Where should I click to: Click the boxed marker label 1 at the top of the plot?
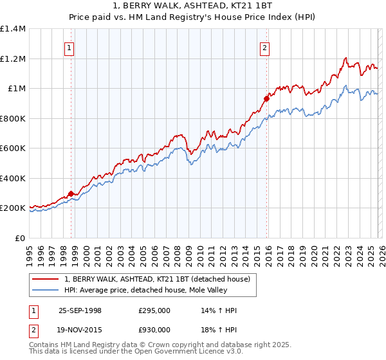[x=69, y=47]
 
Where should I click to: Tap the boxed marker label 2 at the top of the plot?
[x=264, y=47]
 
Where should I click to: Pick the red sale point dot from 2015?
[x=266, y=99]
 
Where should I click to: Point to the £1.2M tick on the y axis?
[x=13, y=59]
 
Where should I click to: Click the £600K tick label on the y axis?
[x=13, y=148]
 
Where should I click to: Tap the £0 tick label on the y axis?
[x=21, y=238]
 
